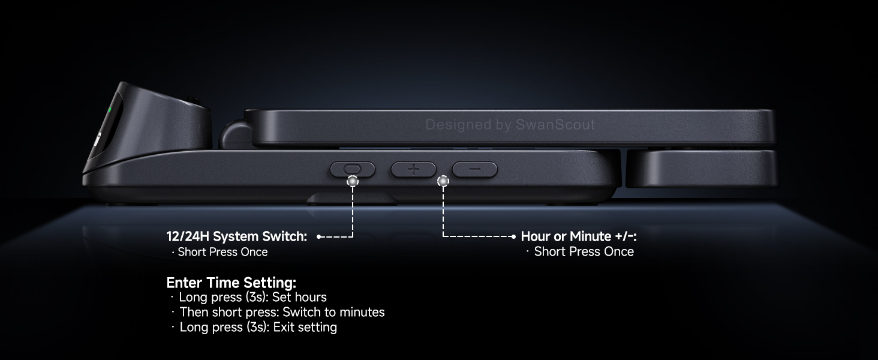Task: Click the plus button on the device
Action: pos(413,169)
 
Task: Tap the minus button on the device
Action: pos(474,169)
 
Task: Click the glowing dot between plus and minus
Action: pos(443,180)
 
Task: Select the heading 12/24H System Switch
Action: pos(236,236)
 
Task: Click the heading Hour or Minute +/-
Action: pos(578,236)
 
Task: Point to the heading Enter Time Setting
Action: pos(231,282)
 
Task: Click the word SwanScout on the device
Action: pos(555,125)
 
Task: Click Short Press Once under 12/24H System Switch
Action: pos(222,252)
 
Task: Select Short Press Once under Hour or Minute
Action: pos(584,252)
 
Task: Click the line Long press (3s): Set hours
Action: pos(252,297)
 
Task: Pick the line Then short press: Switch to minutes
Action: pos(282,312)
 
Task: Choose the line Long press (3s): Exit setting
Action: pos(258,327)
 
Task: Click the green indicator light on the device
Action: pos(109,111)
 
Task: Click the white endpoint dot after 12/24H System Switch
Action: pos(318,237)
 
